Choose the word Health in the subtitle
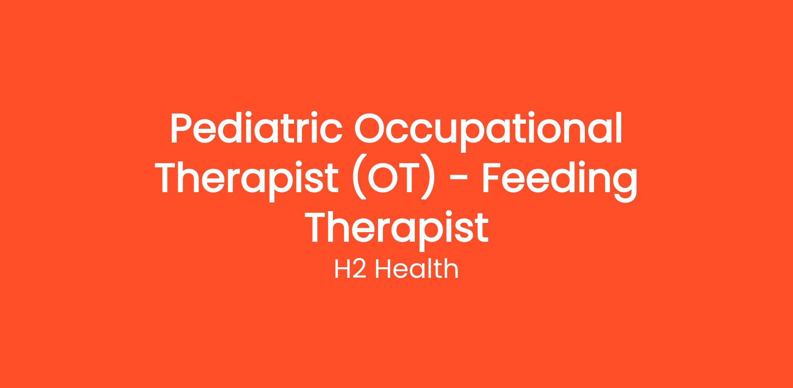click(x=417, y=269)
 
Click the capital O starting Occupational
click(x=370, y=128)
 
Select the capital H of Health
click(x=383, y=269)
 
